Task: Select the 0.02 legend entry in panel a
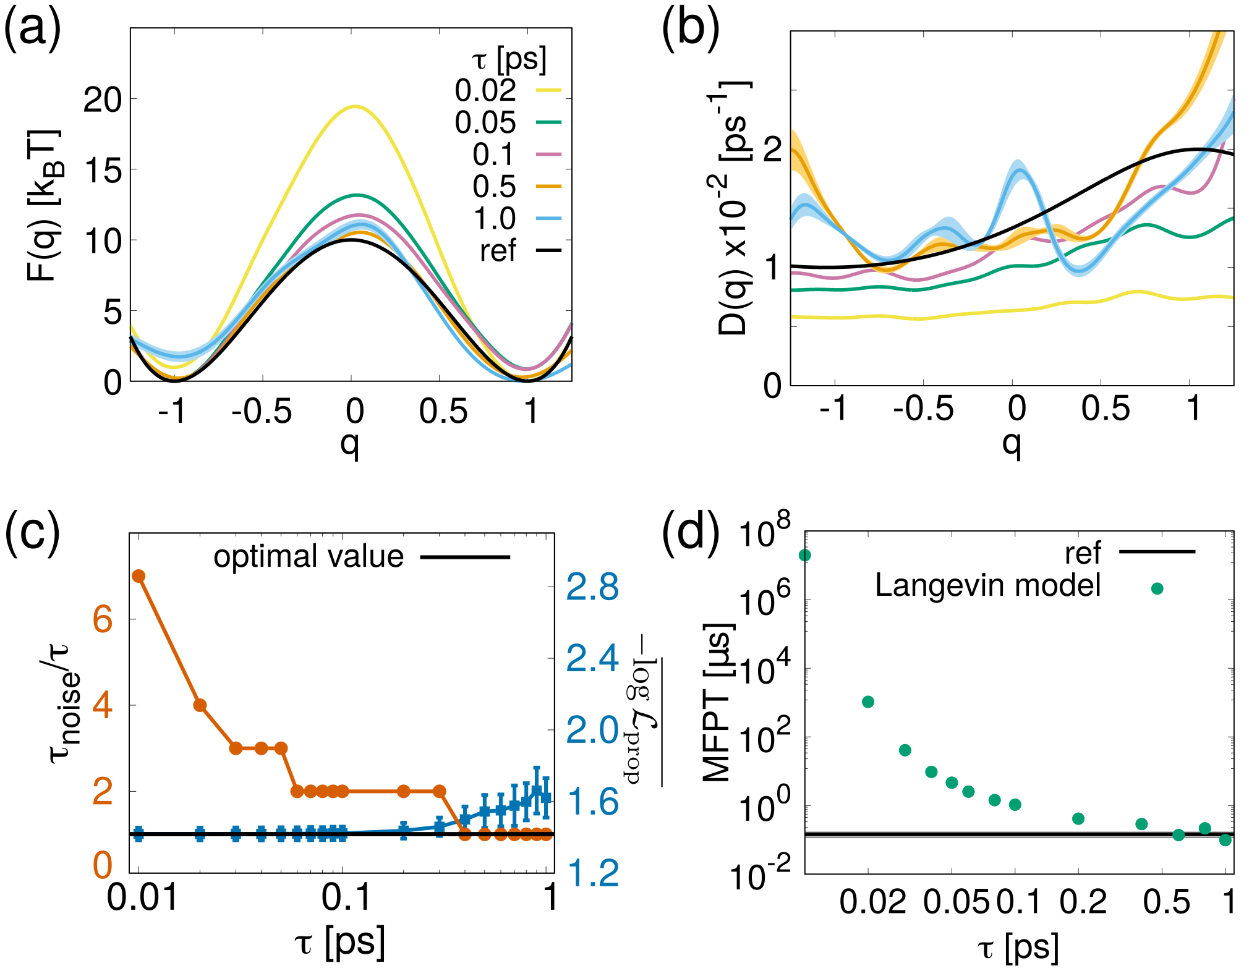(485, 91)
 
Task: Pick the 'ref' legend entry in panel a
(498, 251)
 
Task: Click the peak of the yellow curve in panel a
(354, 106)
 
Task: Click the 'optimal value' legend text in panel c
(309, 557)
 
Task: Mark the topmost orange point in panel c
(138, 576)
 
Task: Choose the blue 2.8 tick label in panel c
(592, 587)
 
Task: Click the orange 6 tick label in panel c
(103, 619)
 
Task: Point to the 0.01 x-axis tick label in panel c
(143, 897)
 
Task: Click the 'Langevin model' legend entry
(987, 585)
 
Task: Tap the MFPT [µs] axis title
(719, 702)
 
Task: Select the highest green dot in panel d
(805, 556)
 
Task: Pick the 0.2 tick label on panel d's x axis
(1083, 902)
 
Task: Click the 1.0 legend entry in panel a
(494, 219)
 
